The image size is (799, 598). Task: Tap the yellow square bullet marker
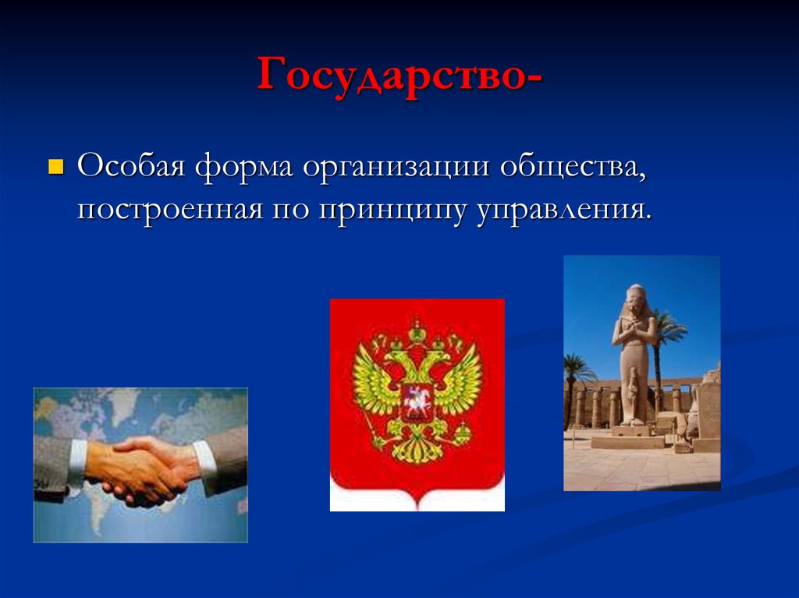tap(55, 167)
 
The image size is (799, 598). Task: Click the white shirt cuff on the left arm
tap(77, 464)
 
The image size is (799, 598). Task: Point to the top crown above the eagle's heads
tap(417, 331)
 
